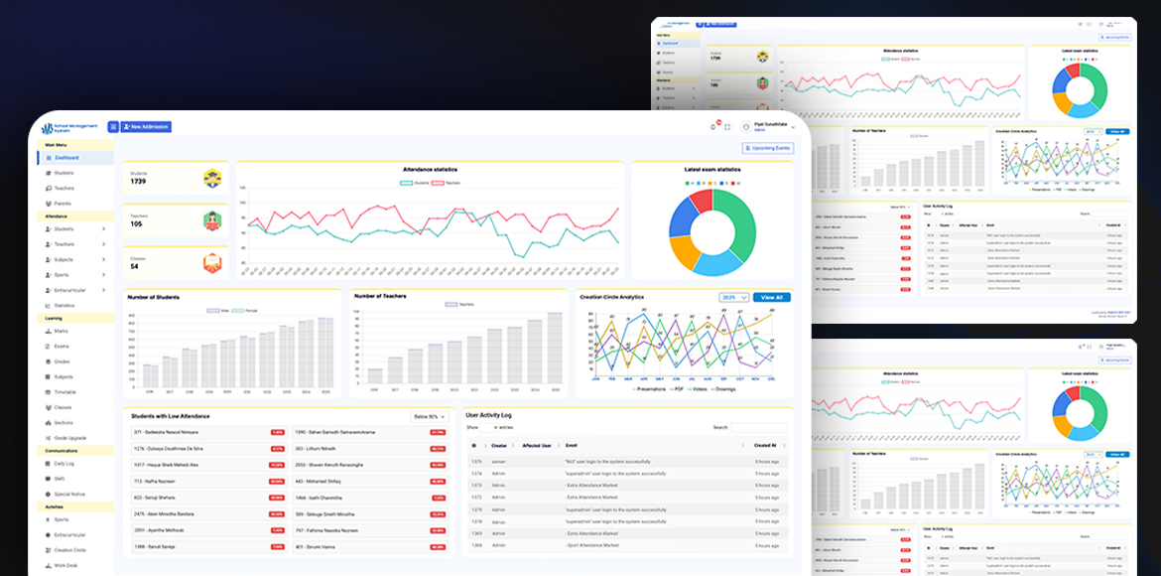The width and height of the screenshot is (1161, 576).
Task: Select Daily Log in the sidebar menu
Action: pos(64,464)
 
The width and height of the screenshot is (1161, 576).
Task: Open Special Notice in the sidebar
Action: pos(69,493)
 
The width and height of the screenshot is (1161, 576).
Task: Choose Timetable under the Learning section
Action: pos(65,392)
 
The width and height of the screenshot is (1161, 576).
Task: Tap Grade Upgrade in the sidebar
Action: pos(71,437)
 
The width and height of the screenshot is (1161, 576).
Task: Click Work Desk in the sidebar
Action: pos(66,564)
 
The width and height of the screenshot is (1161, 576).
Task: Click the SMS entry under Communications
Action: pos(59,478)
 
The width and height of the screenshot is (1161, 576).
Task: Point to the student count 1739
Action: pos(138,182)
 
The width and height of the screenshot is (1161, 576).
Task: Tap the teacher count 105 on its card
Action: pos(136,223)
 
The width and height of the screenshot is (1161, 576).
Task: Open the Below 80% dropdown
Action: pos(430,417)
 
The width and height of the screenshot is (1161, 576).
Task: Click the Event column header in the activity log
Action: pos(572,446)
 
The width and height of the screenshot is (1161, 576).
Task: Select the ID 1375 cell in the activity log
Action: pos(476,462)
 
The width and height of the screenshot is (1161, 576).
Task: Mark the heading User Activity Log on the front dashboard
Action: pos(489,413)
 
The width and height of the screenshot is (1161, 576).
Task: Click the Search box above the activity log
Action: pos(759,427)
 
